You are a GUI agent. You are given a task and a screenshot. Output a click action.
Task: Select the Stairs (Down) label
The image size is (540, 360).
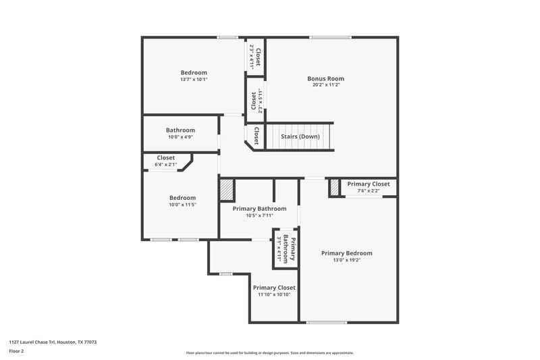(300, 136)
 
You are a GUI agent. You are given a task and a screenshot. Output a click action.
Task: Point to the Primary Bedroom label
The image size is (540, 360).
(346, 253)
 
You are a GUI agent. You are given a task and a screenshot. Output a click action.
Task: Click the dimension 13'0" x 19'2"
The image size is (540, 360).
(346, 260)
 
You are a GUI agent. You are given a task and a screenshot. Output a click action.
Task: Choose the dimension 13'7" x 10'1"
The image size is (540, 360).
(194, 80)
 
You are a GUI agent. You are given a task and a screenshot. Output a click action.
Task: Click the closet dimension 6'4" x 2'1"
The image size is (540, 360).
(165, 164)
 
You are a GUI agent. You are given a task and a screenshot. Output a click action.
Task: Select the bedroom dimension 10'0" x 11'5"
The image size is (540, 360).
(182, 205)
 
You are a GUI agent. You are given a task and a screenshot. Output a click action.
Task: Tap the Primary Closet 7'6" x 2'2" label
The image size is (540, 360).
(368, 190)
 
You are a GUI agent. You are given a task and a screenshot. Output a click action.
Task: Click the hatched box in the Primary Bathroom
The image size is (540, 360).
(226, 189)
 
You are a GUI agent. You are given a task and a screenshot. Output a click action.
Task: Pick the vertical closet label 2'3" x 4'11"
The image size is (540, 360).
(254, 54)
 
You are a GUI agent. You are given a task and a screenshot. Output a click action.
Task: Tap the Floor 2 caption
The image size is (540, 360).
(17, 351)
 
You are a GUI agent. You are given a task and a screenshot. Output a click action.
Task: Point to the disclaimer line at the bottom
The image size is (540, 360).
(269, 353)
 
